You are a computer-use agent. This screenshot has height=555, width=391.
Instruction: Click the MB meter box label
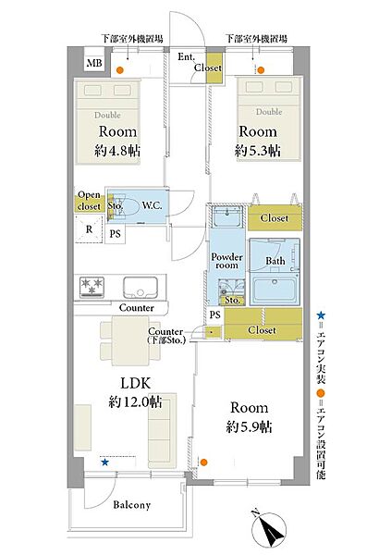94,63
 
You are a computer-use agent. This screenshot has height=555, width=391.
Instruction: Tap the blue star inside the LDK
104,462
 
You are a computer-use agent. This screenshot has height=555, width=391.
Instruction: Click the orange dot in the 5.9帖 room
203,462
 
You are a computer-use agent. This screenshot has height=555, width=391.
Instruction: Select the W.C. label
153,205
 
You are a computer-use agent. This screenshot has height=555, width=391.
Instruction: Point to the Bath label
275,261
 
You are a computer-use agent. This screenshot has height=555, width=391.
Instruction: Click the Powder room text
226,261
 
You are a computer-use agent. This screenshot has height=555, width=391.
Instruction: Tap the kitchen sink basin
141,288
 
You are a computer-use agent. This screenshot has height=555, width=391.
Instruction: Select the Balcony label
131,505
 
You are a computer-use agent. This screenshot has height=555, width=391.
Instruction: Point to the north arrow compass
270,528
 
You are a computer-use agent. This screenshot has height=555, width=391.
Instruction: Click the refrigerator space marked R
89,229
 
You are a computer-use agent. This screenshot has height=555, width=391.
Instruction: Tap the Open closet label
89,201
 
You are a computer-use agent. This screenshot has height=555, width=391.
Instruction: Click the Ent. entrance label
186,56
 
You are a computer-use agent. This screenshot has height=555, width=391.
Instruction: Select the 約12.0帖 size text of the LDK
135,401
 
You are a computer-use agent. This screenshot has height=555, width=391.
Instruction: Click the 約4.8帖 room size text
117,151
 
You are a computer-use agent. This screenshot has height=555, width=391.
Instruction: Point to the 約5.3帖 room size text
258,151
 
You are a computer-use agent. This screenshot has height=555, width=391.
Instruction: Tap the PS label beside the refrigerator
115,234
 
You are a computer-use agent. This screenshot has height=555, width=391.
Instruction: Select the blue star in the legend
321,314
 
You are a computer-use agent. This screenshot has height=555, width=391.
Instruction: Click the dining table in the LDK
130,340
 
